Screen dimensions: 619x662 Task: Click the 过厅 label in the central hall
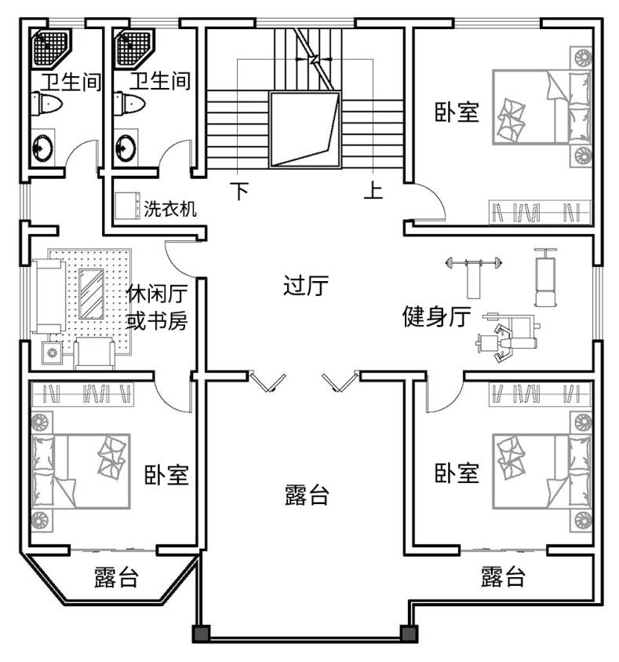pyautogui.click(x=305, y=286)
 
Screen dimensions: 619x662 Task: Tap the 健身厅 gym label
pyautogui.click(x=436, y=316)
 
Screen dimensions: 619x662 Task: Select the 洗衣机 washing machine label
pyautogui.click(x=170, y=209)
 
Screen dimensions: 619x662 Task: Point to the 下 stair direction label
pyautogui.click(x=240, y=191)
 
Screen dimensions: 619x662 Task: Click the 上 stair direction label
pyautogui.click(x=373, y=190)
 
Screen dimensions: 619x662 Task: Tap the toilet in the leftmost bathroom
pyautogui.click(x=46, y=104)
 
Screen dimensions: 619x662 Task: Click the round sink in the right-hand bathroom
pyautogui.click(x=126, y=148)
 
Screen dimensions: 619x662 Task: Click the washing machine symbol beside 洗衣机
pyautogui.click(x=128, y=206)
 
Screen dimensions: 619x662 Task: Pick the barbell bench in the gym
pyautogui.click(x=474, y=274)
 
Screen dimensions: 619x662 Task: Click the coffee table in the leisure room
pyautogui.click(x=91, y=294)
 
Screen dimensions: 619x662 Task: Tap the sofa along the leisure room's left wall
pyautogui.click(x=49, y=296)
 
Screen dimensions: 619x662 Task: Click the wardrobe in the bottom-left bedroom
pyautogui.click(x=82, y=394)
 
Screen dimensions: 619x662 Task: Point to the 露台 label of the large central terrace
pyautogui.click(x=307, y=495)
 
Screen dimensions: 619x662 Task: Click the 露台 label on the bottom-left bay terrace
pyautogui.click(x=116, y=576)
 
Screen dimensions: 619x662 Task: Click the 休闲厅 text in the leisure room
pyautogui.click(x=157, y=294)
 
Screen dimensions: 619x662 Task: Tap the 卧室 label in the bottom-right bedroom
pyautogui.click(x=457, y=473)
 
